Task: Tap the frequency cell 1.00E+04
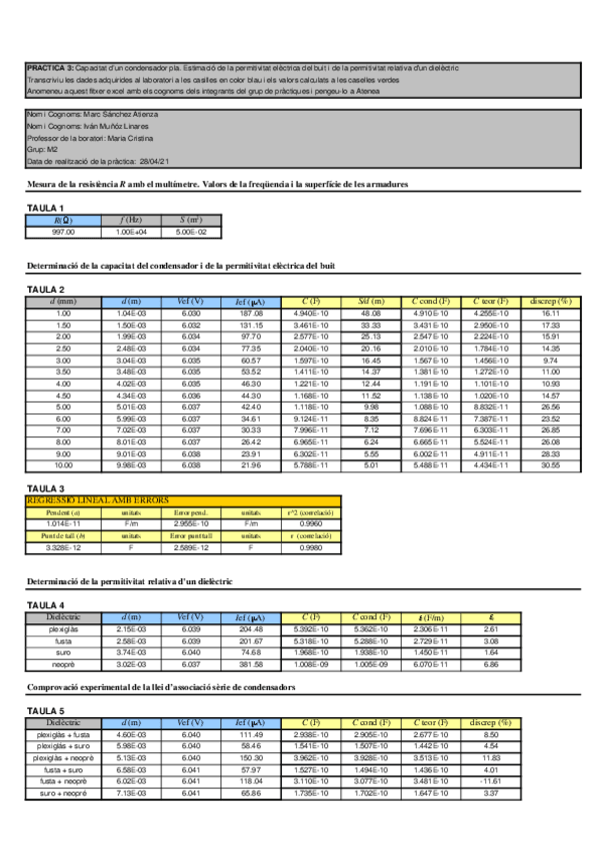click(x=132, y=231)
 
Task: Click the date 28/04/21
click(x=154, y=161)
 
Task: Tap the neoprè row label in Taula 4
click(x=64, y=663)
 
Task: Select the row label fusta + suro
click(x=64, y=769)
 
